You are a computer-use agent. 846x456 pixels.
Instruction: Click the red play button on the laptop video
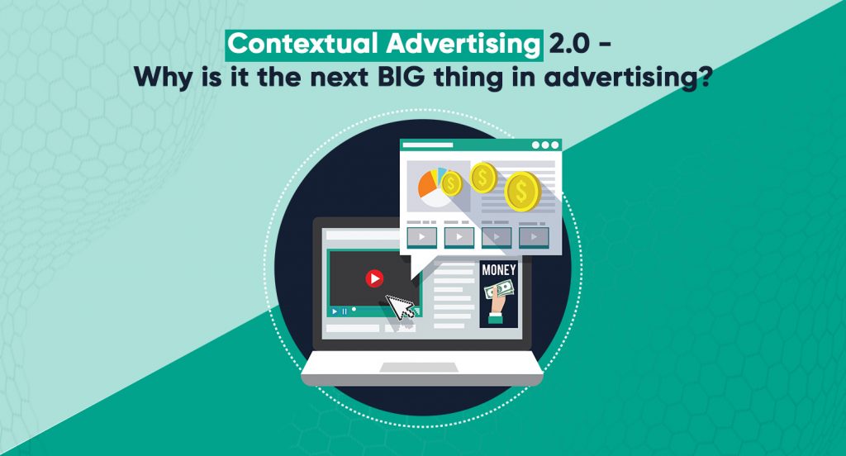point(374,278)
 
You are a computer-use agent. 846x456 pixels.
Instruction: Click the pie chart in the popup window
point(433,184)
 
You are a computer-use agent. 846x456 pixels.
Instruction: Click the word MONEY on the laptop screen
point(498,269)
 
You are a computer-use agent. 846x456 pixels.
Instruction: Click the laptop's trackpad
point(422,367)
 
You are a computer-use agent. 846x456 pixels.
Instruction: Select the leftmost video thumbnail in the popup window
point(422,237)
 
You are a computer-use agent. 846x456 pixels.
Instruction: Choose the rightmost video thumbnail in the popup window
point(534,237)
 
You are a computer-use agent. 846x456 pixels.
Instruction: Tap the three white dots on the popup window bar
point(544,145)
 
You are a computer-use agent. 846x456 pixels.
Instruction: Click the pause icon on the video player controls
point(344,311)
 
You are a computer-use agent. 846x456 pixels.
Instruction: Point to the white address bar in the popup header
point(428,145)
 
